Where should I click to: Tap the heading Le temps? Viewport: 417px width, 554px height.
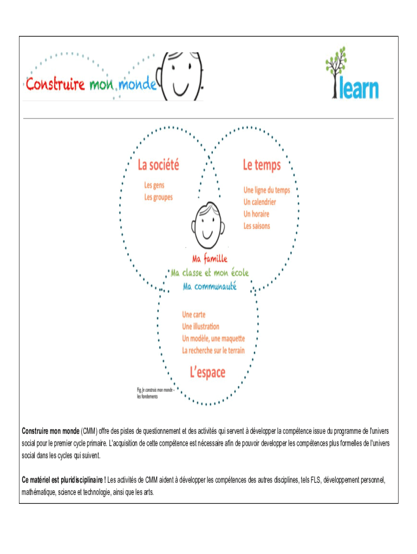click(x=262, y=165)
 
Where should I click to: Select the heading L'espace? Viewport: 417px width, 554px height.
click(x=207, y=372)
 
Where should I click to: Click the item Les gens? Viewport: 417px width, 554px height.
click(x=154, y=185)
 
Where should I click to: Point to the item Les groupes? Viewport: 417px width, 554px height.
click(x=158, y=197)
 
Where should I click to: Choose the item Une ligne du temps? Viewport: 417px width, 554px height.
click(x=266, y=190)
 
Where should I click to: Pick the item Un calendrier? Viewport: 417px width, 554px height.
click(x=259, y=202)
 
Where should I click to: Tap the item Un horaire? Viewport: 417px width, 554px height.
click(x=256, y=214)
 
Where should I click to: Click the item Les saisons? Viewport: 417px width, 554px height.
click(x=257, y=226)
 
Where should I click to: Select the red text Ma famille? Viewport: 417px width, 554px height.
click(x=210, y=259)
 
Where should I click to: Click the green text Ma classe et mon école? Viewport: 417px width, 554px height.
click(x=210, y=273)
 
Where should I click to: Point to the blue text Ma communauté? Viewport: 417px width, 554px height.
click(x=210, y=287)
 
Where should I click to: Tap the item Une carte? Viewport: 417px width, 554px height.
click(x=193, y=314)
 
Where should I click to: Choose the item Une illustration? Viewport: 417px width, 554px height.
click(x=200, y=326)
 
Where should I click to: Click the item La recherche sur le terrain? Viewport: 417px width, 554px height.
click(x=213, y=350)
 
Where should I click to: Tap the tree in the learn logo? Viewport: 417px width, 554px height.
click(x=336, y=70)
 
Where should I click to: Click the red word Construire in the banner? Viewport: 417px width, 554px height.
click(x=55, y=85)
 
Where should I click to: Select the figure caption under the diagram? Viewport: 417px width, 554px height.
click(x=154, y=393)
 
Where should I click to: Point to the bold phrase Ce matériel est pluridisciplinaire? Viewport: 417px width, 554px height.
click(x=63, y=479)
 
